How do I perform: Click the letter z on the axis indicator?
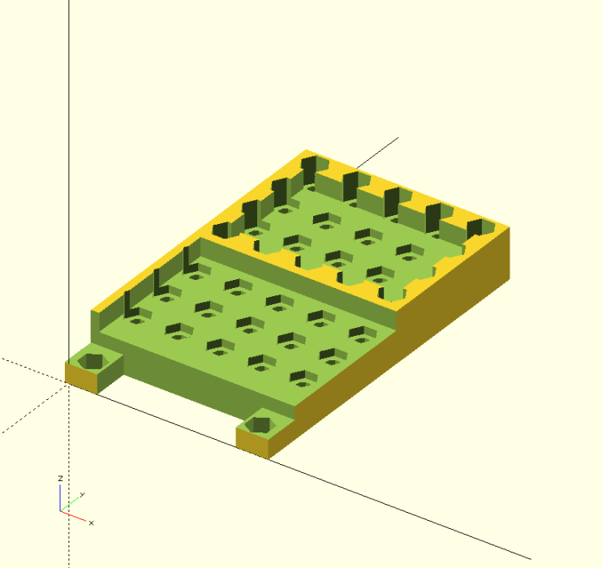pos(60,480)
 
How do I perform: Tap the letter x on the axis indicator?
pos(91,523)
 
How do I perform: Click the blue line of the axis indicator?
pos(60,497)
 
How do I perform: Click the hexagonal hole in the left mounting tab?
pos(94,361)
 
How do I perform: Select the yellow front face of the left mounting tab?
pos(81,377)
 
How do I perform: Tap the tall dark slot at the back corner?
pos(308,170)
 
